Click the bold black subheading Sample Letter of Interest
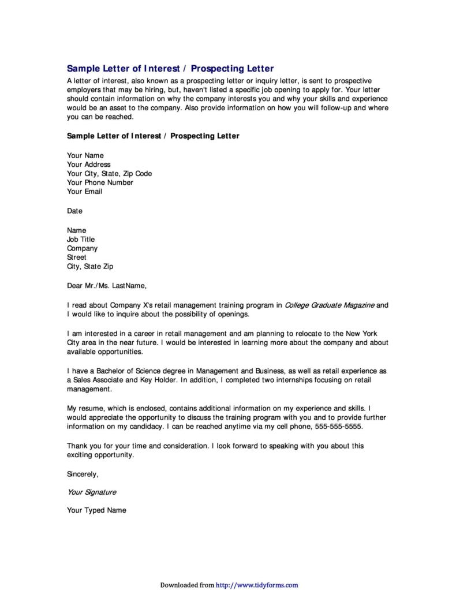pos(153,136)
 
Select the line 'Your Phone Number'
pos(100,182)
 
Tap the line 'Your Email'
pos(84,192)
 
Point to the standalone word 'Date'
pos(74,211)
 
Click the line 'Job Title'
pos(81,239)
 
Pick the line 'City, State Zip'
pos(90,267)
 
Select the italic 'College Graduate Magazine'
pos(330,304)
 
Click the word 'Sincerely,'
pos(83,474)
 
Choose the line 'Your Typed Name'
pos(96,510)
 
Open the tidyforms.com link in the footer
pos(257,585)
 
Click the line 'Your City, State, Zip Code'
pos(109,173)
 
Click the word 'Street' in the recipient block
pos(77,257)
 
